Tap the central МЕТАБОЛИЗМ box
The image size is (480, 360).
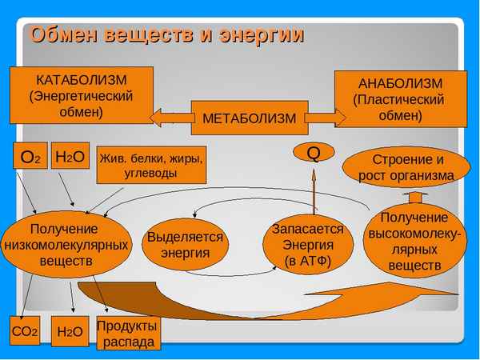coord(249,118)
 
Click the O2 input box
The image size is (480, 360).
coord(30,158)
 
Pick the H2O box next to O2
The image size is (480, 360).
coord(70,158)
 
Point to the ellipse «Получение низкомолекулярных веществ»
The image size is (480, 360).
coord(66,238)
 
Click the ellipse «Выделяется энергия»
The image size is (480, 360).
coord(185,246)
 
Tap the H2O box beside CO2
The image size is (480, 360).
coord(70,330)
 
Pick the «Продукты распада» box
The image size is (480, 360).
coord(126,333)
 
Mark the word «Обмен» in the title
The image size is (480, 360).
coord(65,35)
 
